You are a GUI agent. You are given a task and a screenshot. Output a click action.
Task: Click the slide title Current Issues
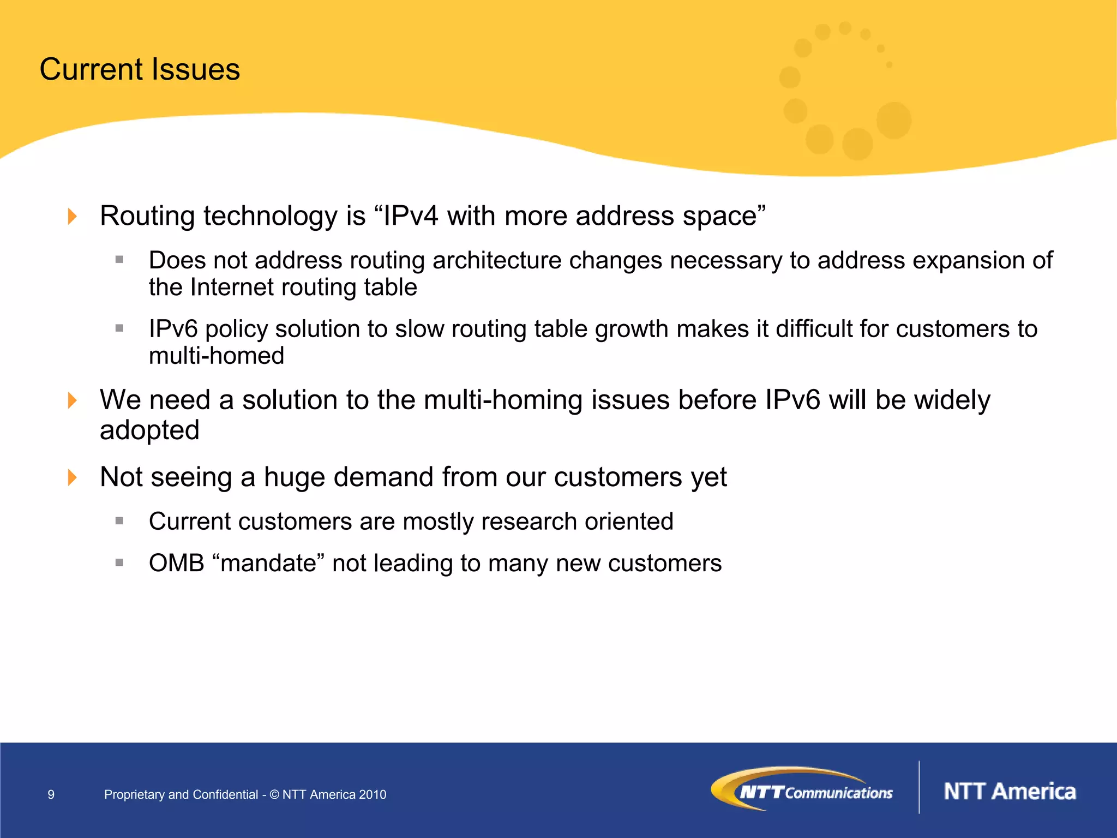[140, 69]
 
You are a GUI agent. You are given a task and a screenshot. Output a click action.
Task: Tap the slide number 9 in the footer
[51, 794]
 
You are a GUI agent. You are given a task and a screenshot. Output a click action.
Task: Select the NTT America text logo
[1010, 791]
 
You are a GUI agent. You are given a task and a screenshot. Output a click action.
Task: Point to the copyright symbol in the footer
[274, 794]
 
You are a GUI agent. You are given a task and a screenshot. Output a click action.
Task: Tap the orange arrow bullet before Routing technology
[72, 216]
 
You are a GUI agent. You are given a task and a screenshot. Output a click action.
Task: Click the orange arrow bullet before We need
[72, 400]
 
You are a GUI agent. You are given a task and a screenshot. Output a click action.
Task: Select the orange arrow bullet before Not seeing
[72, 477]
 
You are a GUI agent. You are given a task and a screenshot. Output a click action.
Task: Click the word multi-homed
[217, 356]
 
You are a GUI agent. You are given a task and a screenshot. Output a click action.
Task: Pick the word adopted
[149, 430]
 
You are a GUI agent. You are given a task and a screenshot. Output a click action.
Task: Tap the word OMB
[176, 563]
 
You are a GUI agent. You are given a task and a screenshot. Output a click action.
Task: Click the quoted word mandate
[268, 563]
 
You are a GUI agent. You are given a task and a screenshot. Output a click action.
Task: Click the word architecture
[497, 260]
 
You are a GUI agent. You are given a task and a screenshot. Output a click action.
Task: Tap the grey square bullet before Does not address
[119, 260]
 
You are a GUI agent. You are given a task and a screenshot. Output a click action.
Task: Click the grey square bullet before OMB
[119, 562]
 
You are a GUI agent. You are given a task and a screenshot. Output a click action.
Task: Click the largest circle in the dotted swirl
[893, 120]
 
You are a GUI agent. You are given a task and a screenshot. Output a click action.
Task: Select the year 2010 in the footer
[373, 794]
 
